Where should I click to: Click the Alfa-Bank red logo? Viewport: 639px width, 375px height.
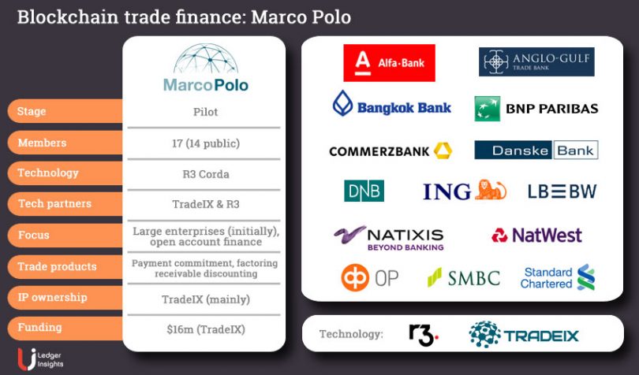click(x=389, y=63)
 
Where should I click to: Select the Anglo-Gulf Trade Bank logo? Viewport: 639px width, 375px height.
click(x=536, y=62)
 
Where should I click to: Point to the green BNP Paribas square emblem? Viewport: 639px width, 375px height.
click(x=488, y=109)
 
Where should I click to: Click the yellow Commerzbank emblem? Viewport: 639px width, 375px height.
click(x=443, y=150)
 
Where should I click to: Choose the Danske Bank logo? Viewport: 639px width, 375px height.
click(x=536, y=150)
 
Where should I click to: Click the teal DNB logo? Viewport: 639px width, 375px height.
click(x=364, y=191)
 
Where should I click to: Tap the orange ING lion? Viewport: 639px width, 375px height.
click(x=490, y=190)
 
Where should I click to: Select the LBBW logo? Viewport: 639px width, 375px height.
click(x=562, y=191)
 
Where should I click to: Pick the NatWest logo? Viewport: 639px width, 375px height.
click(x=536, y=236)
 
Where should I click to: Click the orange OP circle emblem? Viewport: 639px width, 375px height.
click(x=355, y=277)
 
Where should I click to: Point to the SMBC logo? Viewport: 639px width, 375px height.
click(x=464, y=277)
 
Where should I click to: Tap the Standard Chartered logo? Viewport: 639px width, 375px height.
click(x=558, y=277)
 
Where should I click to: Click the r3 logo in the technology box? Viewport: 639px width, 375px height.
click(x=424, y=335)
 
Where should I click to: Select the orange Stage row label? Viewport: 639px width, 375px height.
click(x=65, y=111)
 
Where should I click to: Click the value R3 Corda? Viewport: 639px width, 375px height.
click(x=206, y=174)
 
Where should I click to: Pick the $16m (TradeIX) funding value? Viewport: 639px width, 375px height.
click(x=206, y=329)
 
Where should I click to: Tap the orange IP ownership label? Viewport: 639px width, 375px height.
click(x=65, y=297)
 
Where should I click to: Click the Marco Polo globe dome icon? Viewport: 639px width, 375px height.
click(x=206, y=59)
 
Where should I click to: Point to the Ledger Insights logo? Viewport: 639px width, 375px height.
click(x=40, y=359)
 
